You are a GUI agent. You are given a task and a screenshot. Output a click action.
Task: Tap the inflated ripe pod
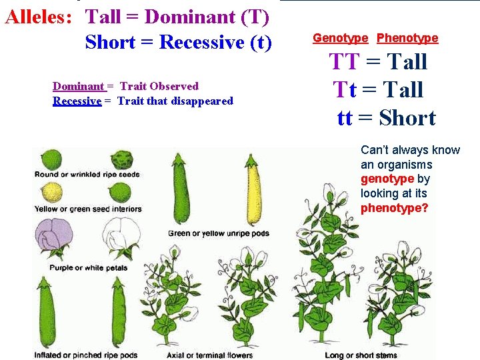45,313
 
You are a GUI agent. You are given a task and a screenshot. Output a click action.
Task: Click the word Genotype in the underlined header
340,38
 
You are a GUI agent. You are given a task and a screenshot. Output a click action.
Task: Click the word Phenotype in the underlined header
407,38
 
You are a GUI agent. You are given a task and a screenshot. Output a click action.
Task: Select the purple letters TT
344,62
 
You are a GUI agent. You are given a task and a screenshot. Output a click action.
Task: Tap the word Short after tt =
407,118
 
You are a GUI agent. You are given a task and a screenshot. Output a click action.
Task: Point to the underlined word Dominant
78,86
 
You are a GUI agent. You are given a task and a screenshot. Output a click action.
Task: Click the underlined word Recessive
77,101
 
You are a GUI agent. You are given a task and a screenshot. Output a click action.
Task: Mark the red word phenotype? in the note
394,207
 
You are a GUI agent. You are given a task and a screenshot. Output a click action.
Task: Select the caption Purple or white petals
88,268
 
